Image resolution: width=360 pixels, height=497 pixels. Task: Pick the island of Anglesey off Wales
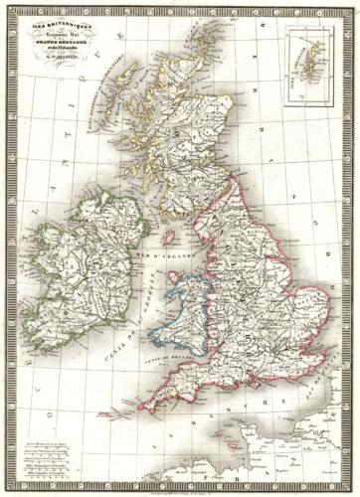162,281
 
